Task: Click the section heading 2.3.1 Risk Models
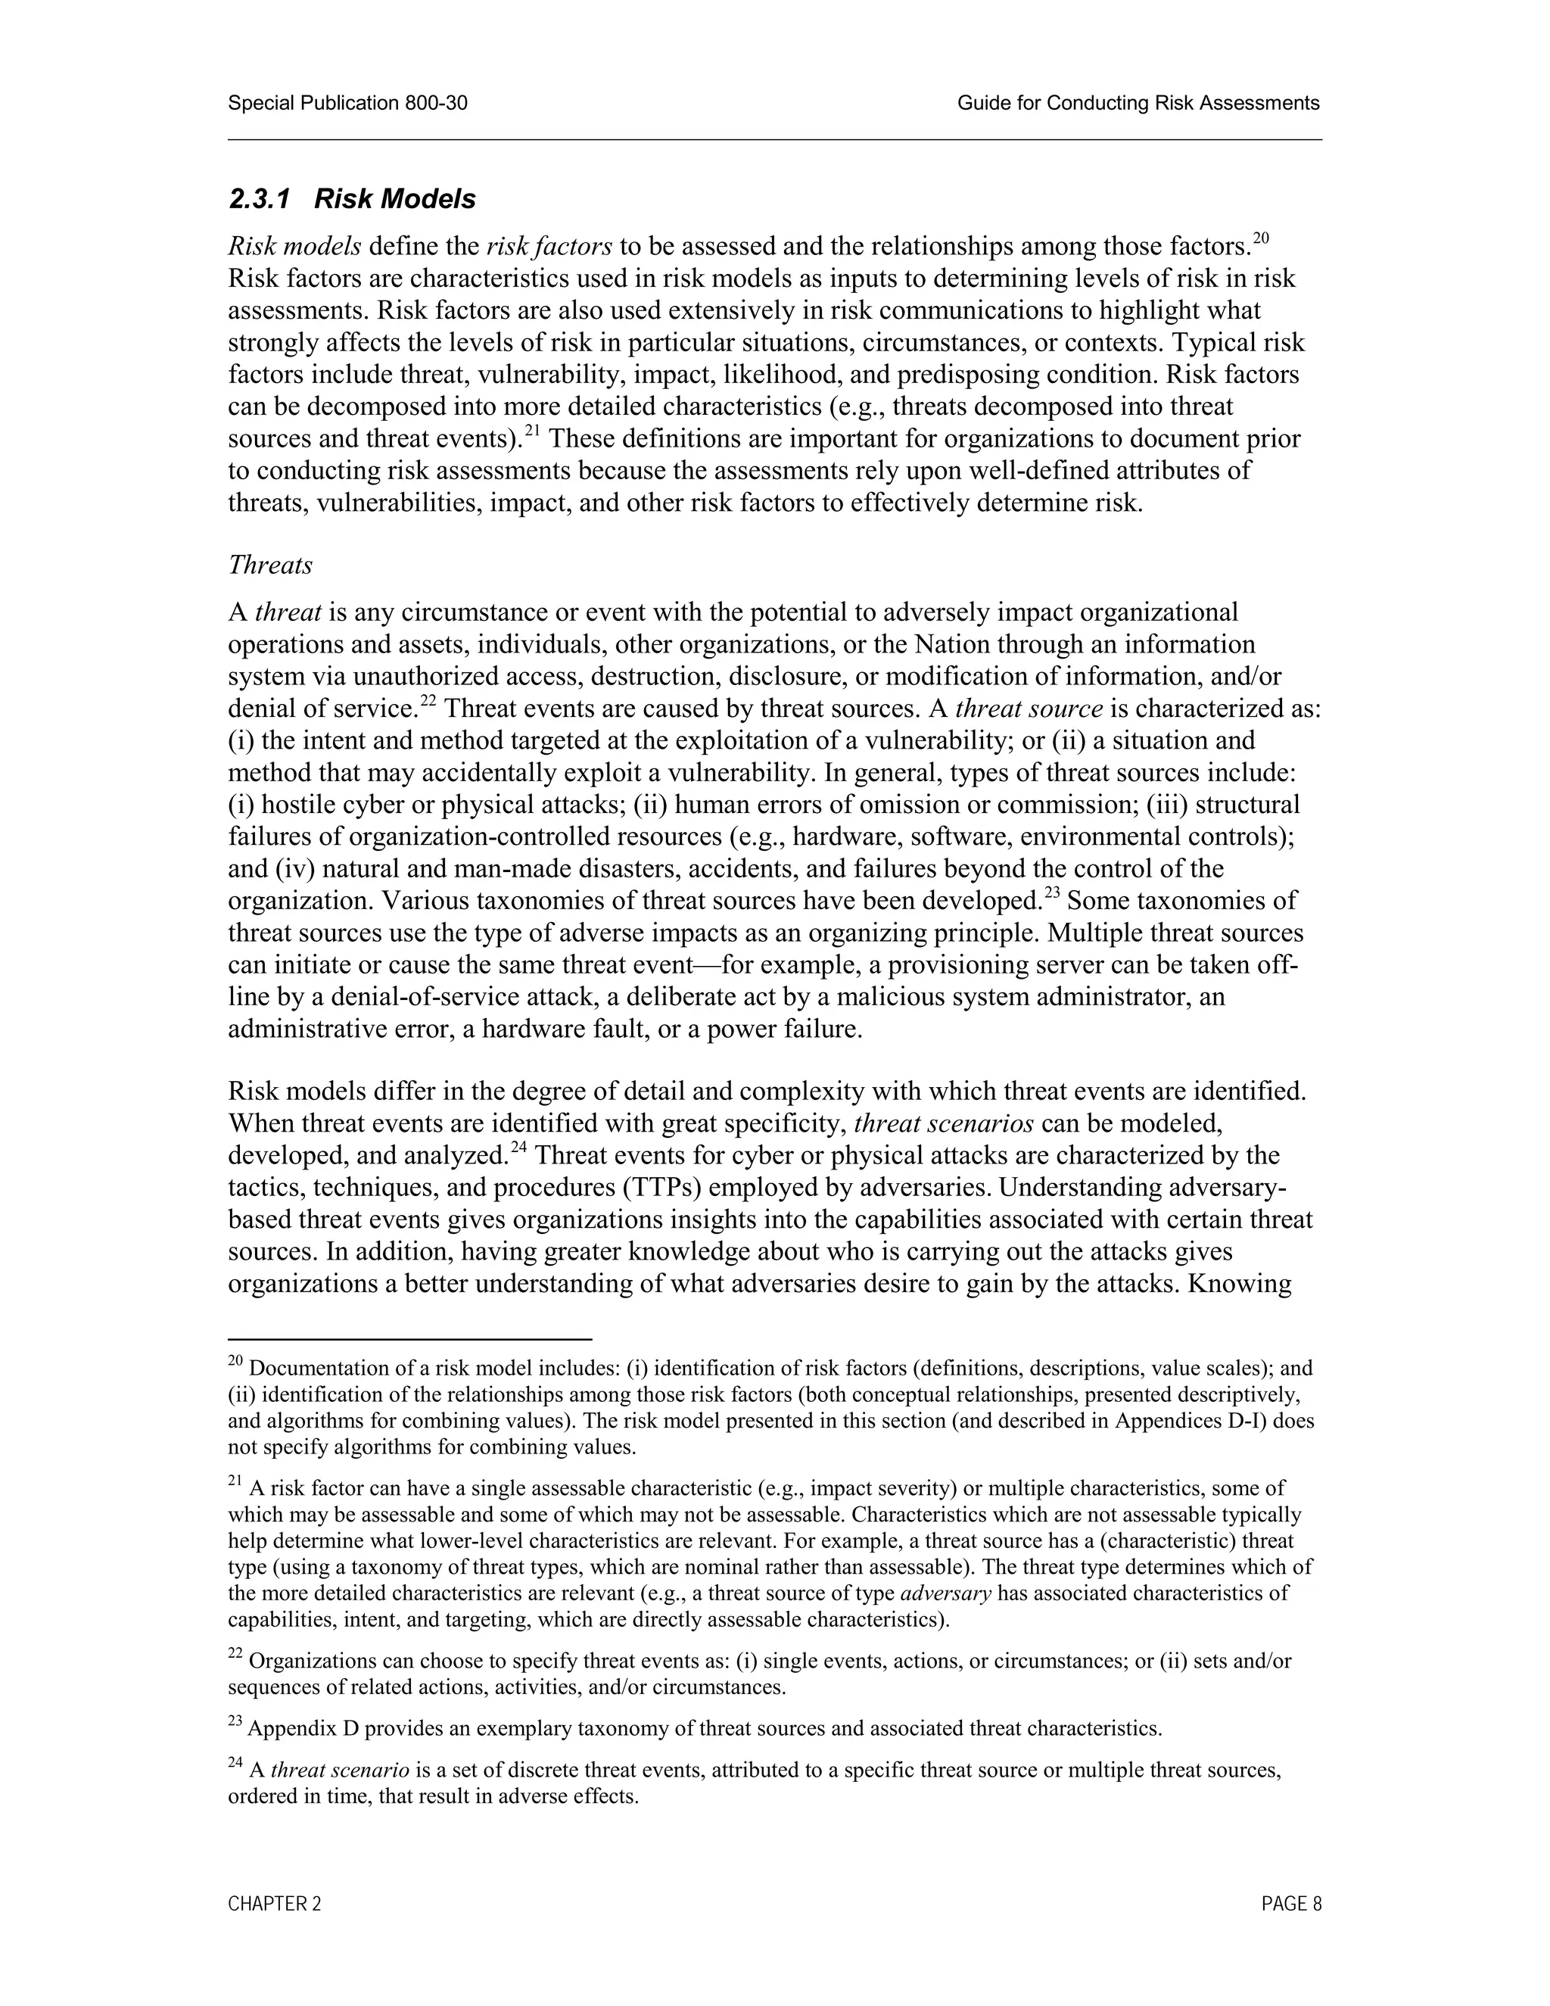tap(352, 198)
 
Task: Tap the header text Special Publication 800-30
tap(347, 103)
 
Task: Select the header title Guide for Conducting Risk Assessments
tap(1138, 103)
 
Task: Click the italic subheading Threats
tap(270, 565)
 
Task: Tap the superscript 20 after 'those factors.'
tap(1260, 238)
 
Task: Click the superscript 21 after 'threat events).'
tap(531, 431)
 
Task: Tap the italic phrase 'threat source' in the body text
tap(1029, 709)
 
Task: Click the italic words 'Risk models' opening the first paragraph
tap(294, 246)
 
